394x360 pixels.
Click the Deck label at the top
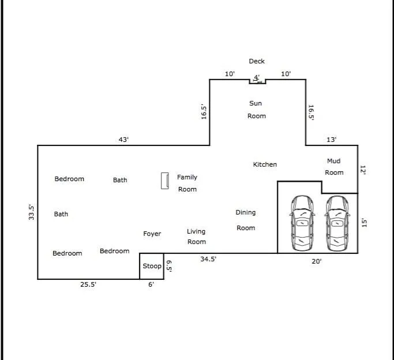pos(257,61)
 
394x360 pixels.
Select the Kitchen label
pos(265,164)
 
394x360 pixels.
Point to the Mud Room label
pos(334,167)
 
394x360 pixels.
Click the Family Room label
pos(187,183)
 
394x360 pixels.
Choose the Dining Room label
pos(246,220)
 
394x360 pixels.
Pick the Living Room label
pos(196,237)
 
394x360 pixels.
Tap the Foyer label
pos(152,234)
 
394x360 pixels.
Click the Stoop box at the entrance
pos(152,266)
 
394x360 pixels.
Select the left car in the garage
pos(302,223)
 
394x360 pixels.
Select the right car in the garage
pos(337,223)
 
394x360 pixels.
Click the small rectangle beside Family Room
pos(165,181)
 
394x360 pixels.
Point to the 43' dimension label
pos(123,140)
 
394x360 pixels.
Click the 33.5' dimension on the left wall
pos(32,212)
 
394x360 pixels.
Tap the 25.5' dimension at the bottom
pos(88,284)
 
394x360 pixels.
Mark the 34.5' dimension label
pos(208,259)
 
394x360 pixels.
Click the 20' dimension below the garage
pos(317,261)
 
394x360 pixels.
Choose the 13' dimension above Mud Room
pos(332,140)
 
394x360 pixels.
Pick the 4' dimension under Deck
pos(257,77)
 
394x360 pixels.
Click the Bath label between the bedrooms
pos(61,214)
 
